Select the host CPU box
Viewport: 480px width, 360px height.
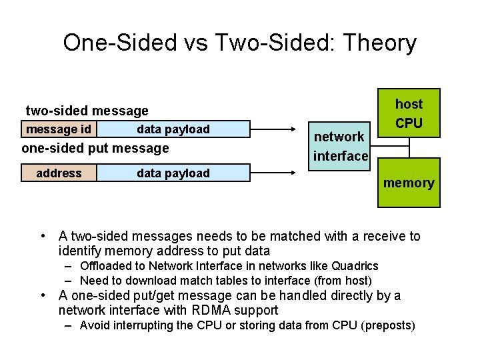[408, 113]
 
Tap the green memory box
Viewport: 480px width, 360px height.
[408, 183]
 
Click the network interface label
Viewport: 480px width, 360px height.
[340, 146]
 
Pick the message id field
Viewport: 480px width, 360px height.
[59, 129]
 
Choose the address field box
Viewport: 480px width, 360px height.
[59, 173]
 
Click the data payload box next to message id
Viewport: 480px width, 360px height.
[173, 129]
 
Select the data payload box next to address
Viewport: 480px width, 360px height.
[173, 173]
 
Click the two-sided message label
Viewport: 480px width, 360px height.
[87, 111]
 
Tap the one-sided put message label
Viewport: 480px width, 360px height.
[95, 148]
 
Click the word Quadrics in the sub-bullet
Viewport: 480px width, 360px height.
[355, 266]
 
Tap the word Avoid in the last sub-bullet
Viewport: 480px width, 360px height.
[93, 325]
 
